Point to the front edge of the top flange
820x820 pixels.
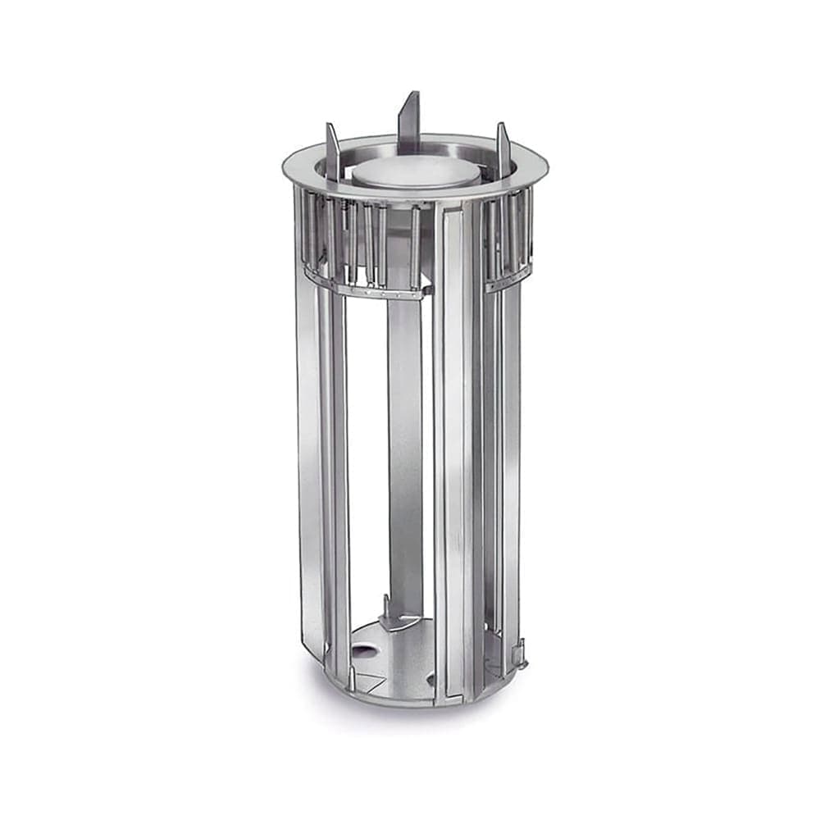click(410, 198)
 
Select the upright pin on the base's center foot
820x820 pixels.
click(385, 607)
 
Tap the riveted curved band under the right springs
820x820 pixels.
click(508, 280)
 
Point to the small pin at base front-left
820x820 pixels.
click(352, 676)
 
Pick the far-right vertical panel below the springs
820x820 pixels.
click(511, 459)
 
